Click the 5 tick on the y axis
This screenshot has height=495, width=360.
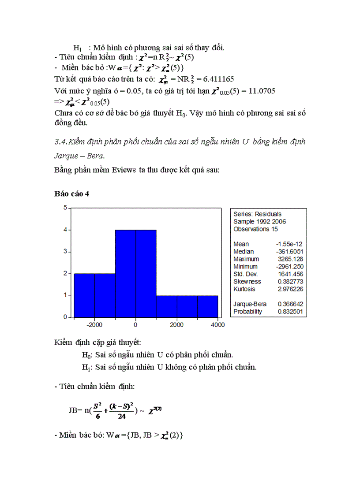click(64, 208)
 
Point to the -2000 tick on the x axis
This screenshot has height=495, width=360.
click(94, 325)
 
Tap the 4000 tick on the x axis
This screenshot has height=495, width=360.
click(218, 325)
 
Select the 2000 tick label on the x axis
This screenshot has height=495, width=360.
click(177, 325)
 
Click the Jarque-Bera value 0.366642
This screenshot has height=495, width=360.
click(290, 304)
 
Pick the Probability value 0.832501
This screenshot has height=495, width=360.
click(290, 312)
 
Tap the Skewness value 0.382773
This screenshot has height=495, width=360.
click(290, 282)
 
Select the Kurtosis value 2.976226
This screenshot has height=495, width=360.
click(290, 289)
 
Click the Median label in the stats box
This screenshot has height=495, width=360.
click(244, 252)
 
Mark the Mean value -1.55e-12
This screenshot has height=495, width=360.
click(289, 244)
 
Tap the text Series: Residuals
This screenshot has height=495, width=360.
click(257, 214)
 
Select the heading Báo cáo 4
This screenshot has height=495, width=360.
click(72, 194)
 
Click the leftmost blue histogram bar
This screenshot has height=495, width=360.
click(84, 295)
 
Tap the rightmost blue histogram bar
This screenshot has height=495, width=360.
click(207, 306)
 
